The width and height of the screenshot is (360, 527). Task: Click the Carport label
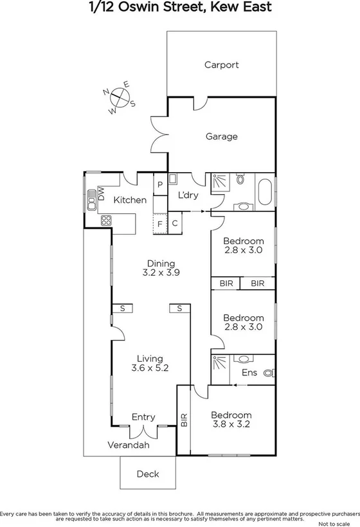[221, 64]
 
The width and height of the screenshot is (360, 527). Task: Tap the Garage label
[221, 136]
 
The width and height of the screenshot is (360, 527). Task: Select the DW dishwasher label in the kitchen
[101, 192]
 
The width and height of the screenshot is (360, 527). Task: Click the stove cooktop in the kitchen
[107, 220]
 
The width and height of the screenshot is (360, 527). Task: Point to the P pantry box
[159, 184]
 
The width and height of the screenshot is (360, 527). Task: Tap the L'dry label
[188, 195]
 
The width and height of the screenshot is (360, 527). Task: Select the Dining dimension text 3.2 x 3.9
[161, 272]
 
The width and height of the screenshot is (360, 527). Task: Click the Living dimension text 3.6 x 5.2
[149, 369]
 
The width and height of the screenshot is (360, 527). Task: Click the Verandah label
[128, 445]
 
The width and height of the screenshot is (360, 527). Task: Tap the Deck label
[147, 474]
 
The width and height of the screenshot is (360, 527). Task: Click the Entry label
[143, 417]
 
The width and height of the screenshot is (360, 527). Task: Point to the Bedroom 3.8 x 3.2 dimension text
[231, 424]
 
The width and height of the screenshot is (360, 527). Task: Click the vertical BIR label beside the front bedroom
[184, 420]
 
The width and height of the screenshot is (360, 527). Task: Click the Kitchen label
[130, 201]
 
